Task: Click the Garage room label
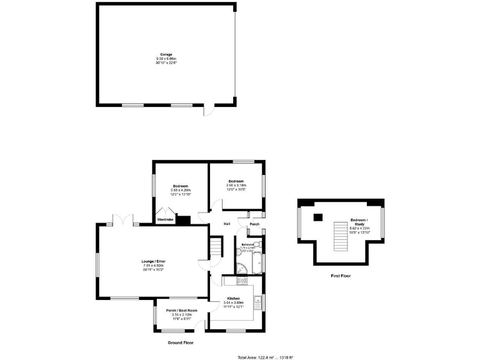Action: pos(166,54)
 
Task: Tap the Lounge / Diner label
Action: pos(153,261)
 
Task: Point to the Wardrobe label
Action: pos(165,220)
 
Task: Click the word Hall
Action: pos(227,224)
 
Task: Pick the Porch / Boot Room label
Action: pos(182,311)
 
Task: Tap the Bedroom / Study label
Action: pos(359,220)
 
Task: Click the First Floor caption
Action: pos(341,275)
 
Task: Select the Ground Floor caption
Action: pos(181,343)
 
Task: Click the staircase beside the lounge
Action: pos(216,247)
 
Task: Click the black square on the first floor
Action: pos(318,217)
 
